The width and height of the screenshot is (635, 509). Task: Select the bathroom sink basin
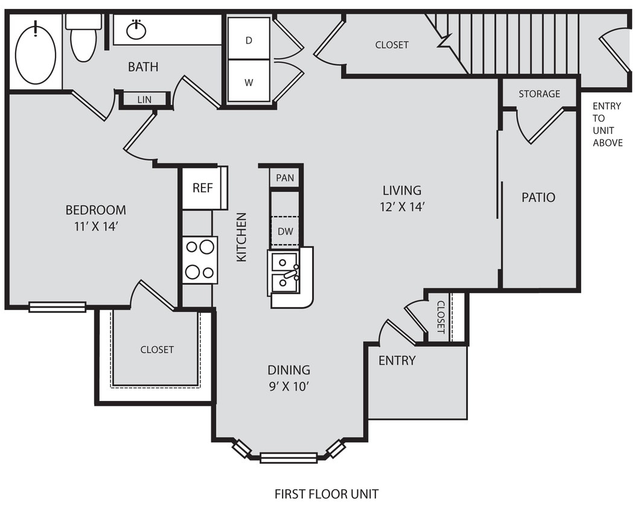click(x=136, y=30)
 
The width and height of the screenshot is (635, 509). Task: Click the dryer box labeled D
click(x=248, y=39)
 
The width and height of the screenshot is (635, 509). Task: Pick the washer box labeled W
click(x=248, y=81)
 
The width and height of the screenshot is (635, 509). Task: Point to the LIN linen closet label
click(x=144, y=100)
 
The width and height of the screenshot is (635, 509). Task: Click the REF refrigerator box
click(x=203, y=188)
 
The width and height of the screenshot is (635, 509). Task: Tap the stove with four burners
click(x=200, y=260)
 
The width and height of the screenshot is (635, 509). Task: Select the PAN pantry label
click(x=285, y=178)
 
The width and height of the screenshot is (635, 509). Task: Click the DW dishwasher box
click(x=285, y=230)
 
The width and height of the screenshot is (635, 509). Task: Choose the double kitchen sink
click(x=285, y=273)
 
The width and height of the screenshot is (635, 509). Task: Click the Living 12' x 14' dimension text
click(x=402, y=206)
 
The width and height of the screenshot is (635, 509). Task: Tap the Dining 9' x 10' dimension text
click(x=289, y=386)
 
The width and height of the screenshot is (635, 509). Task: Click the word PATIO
click(x=538, y=197)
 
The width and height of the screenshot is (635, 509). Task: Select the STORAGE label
click(x=539, y=93)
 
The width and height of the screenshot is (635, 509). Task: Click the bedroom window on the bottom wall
click(x=57, y=307)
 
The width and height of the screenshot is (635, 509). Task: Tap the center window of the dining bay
click(x=289, y=458)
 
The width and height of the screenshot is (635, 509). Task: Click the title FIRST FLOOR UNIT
click(x=327, y=494)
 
